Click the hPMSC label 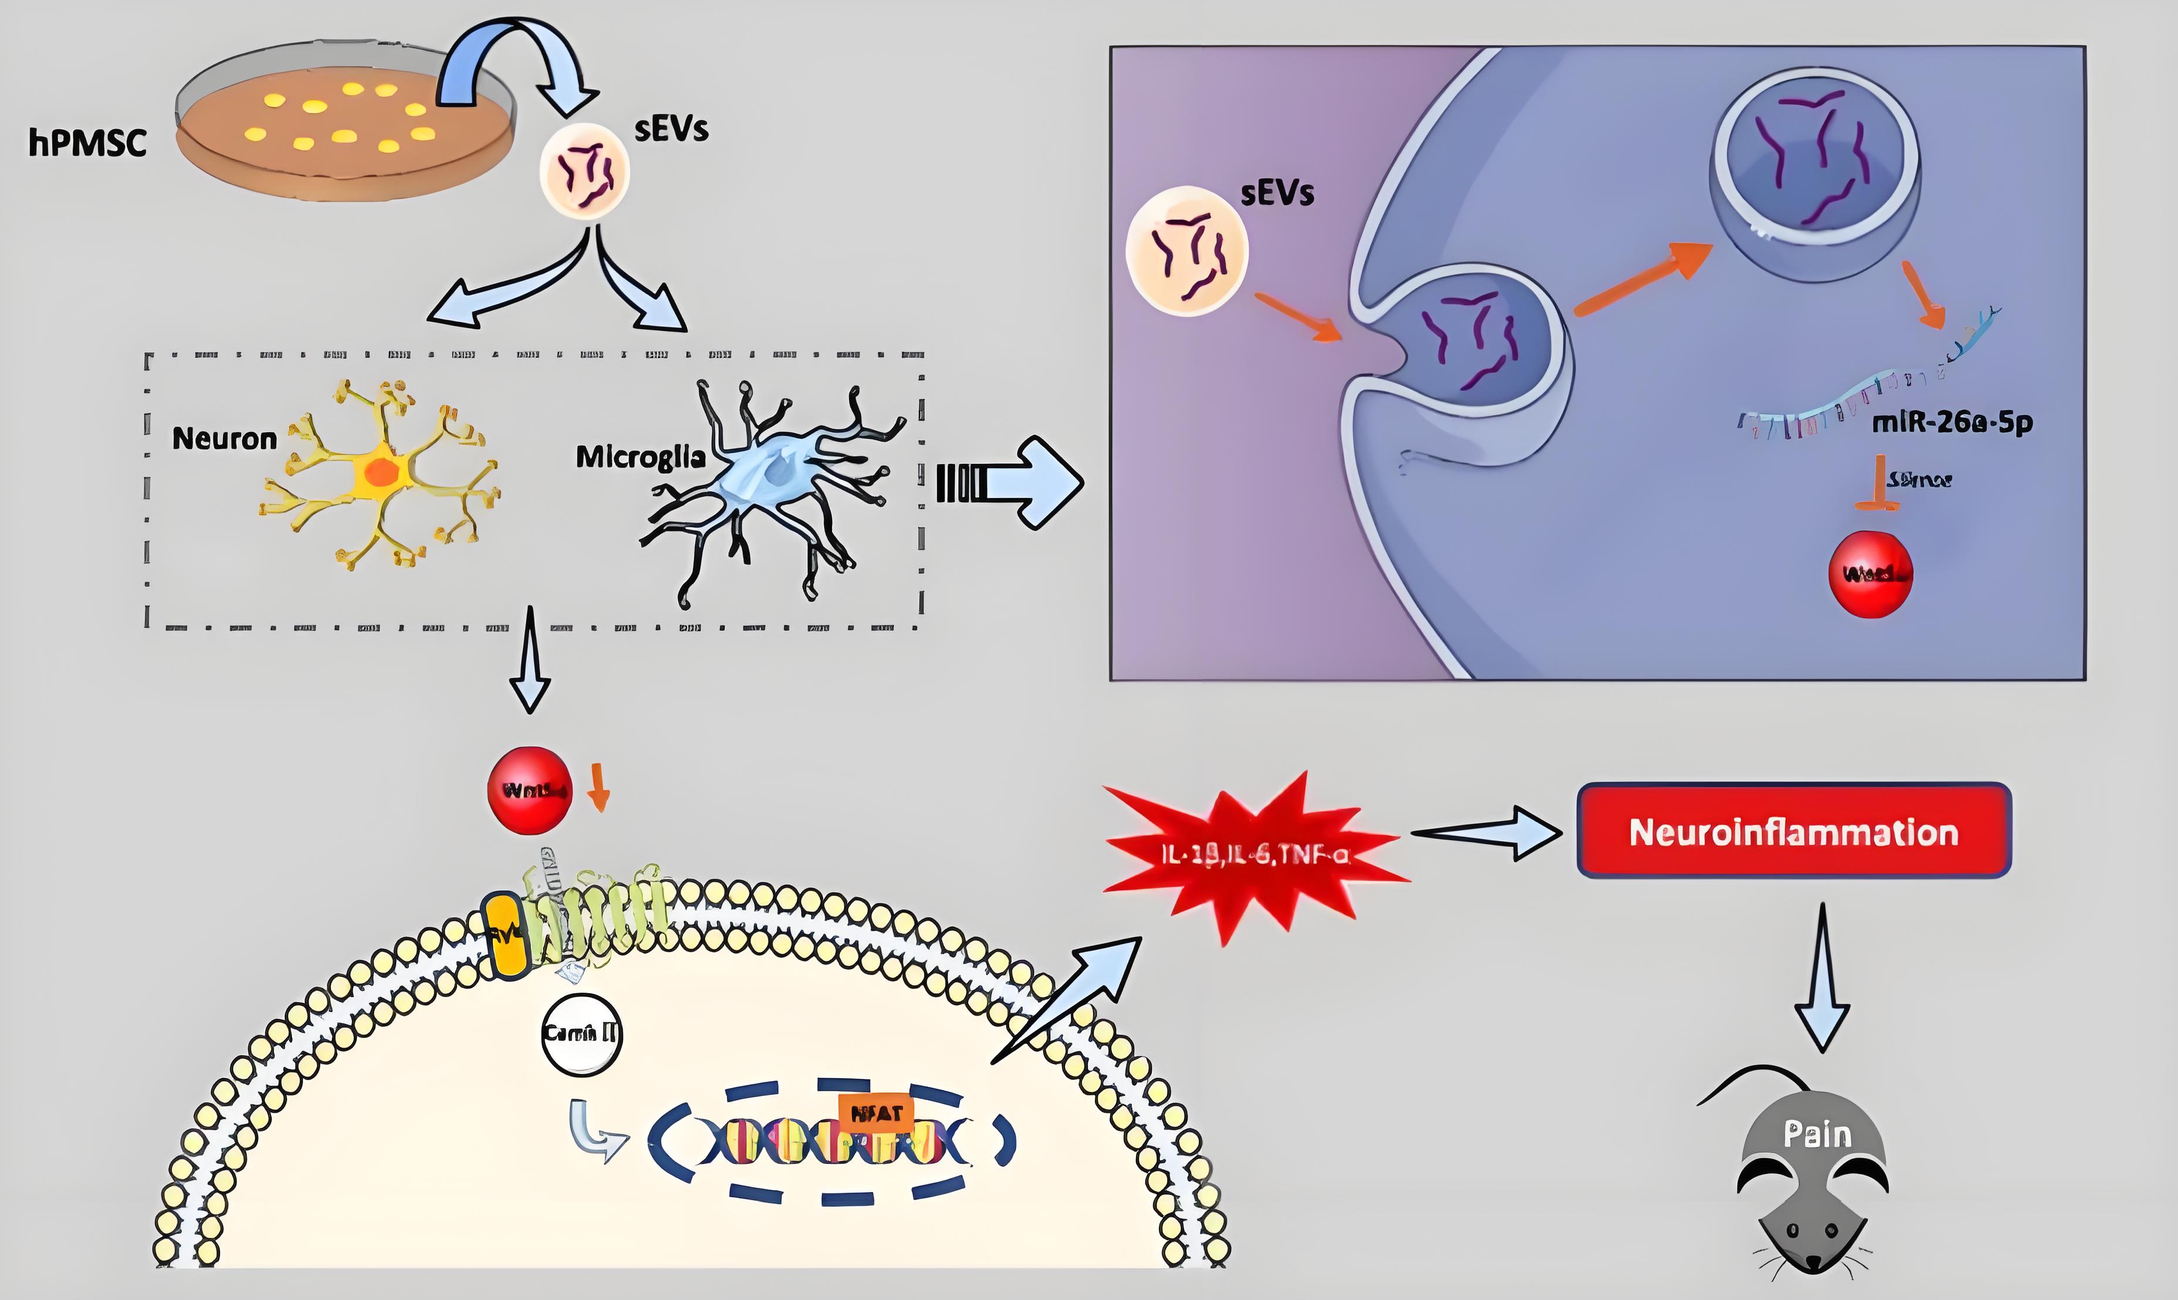[87, 143]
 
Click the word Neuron [224, 438]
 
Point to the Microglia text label [641, 456]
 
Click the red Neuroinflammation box [1794, 831]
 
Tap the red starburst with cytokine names [1254, 854]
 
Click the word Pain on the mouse [1818, 1135]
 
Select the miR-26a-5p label [1952, 423]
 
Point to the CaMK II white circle [581, 1034]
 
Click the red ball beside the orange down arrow [529, 790]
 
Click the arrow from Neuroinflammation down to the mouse [1822, 977]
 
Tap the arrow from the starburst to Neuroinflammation [1485, 834]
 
